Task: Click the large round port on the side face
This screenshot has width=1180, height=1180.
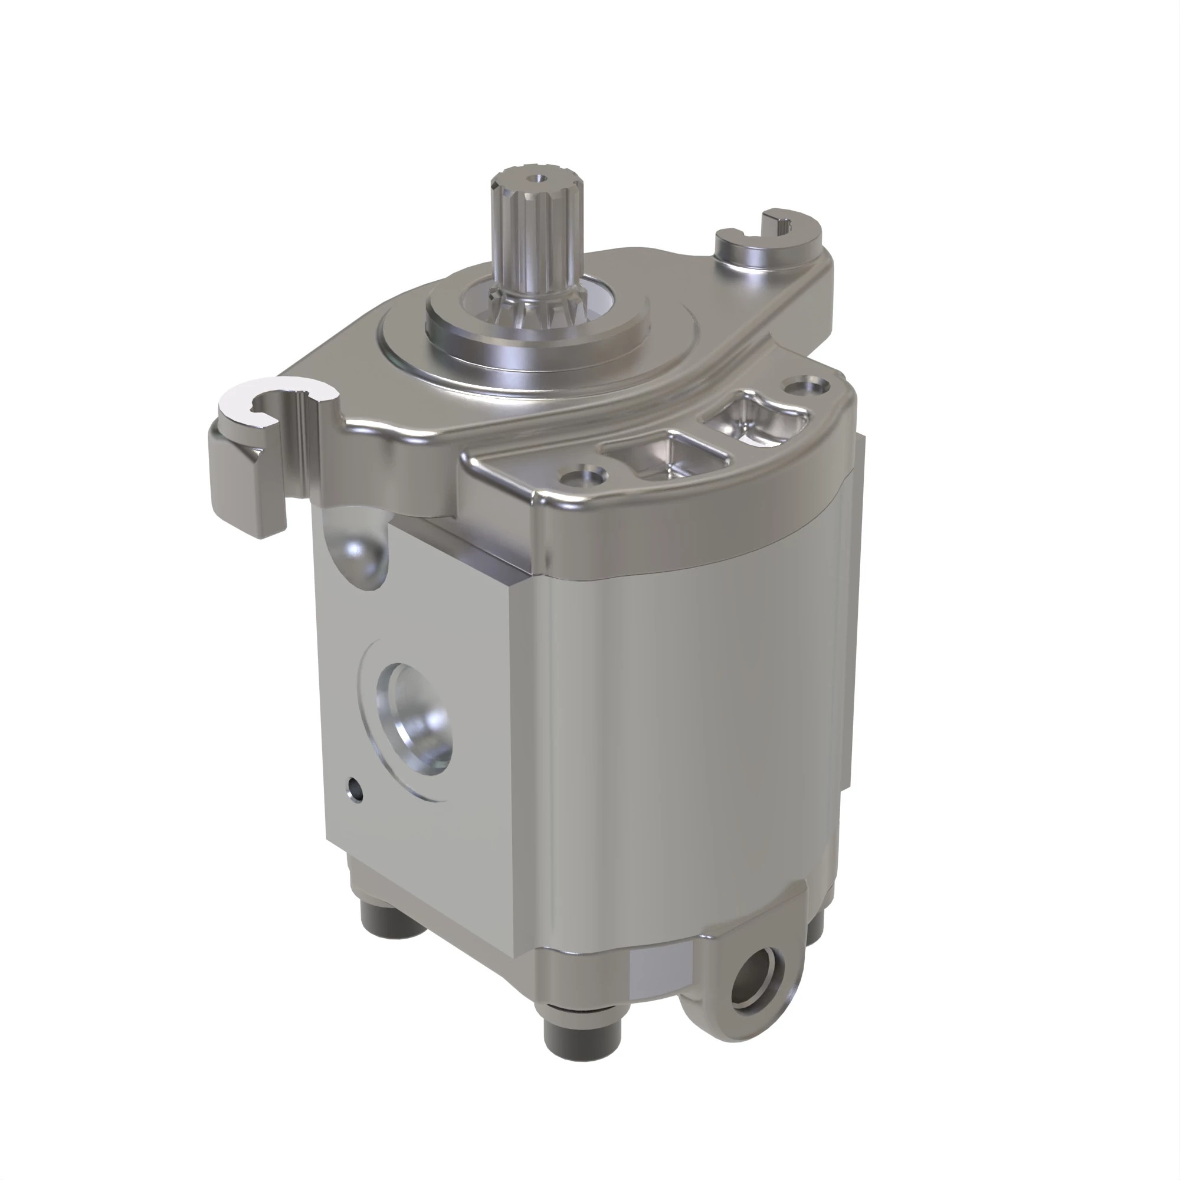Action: (419, 720)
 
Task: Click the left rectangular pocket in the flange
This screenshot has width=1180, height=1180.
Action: (666, 456)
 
